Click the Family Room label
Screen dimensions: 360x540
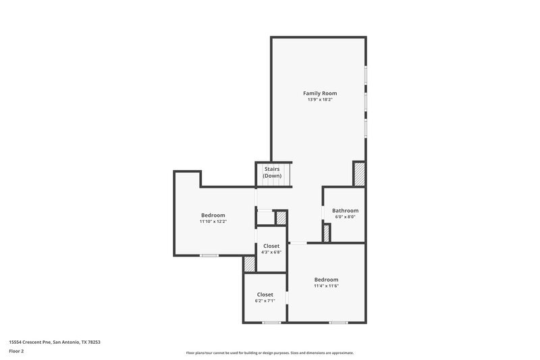(x=319, y=93)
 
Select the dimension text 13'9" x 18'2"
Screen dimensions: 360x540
(x=319, y=100)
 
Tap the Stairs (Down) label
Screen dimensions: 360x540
(x=272, y=172)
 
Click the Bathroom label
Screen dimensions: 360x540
(x=345, y=211)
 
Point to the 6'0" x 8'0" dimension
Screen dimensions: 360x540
(x=345, y=217)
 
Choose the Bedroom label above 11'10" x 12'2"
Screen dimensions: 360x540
(x=213, y=215)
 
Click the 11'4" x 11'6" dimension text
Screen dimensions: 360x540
(x=326, y=286)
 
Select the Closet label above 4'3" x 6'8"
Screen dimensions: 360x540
(x=271, y=246)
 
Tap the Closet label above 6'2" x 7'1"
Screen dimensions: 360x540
(x=265, y=294)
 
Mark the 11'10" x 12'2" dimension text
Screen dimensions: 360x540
(x=213, y=222)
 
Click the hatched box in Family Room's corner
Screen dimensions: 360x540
(x=359, y=174)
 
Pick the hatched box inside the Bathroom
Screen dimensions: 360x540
(x=326, y=233)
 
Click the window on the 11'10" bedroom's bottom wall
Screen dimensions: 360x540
(x=209, y=255)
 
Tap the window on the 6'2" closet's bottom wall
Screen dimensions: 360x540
(x=271, y=322)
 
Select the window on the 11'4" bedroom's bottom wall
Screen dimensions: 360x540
(x=338, y=322)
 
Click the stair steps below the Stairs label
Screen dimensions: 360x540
(x=272, y=181)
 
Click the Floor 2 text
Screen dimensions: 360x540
(x=16, y=351)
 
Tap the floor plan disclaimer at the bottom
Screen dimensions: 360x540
(x=270, y=353)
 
